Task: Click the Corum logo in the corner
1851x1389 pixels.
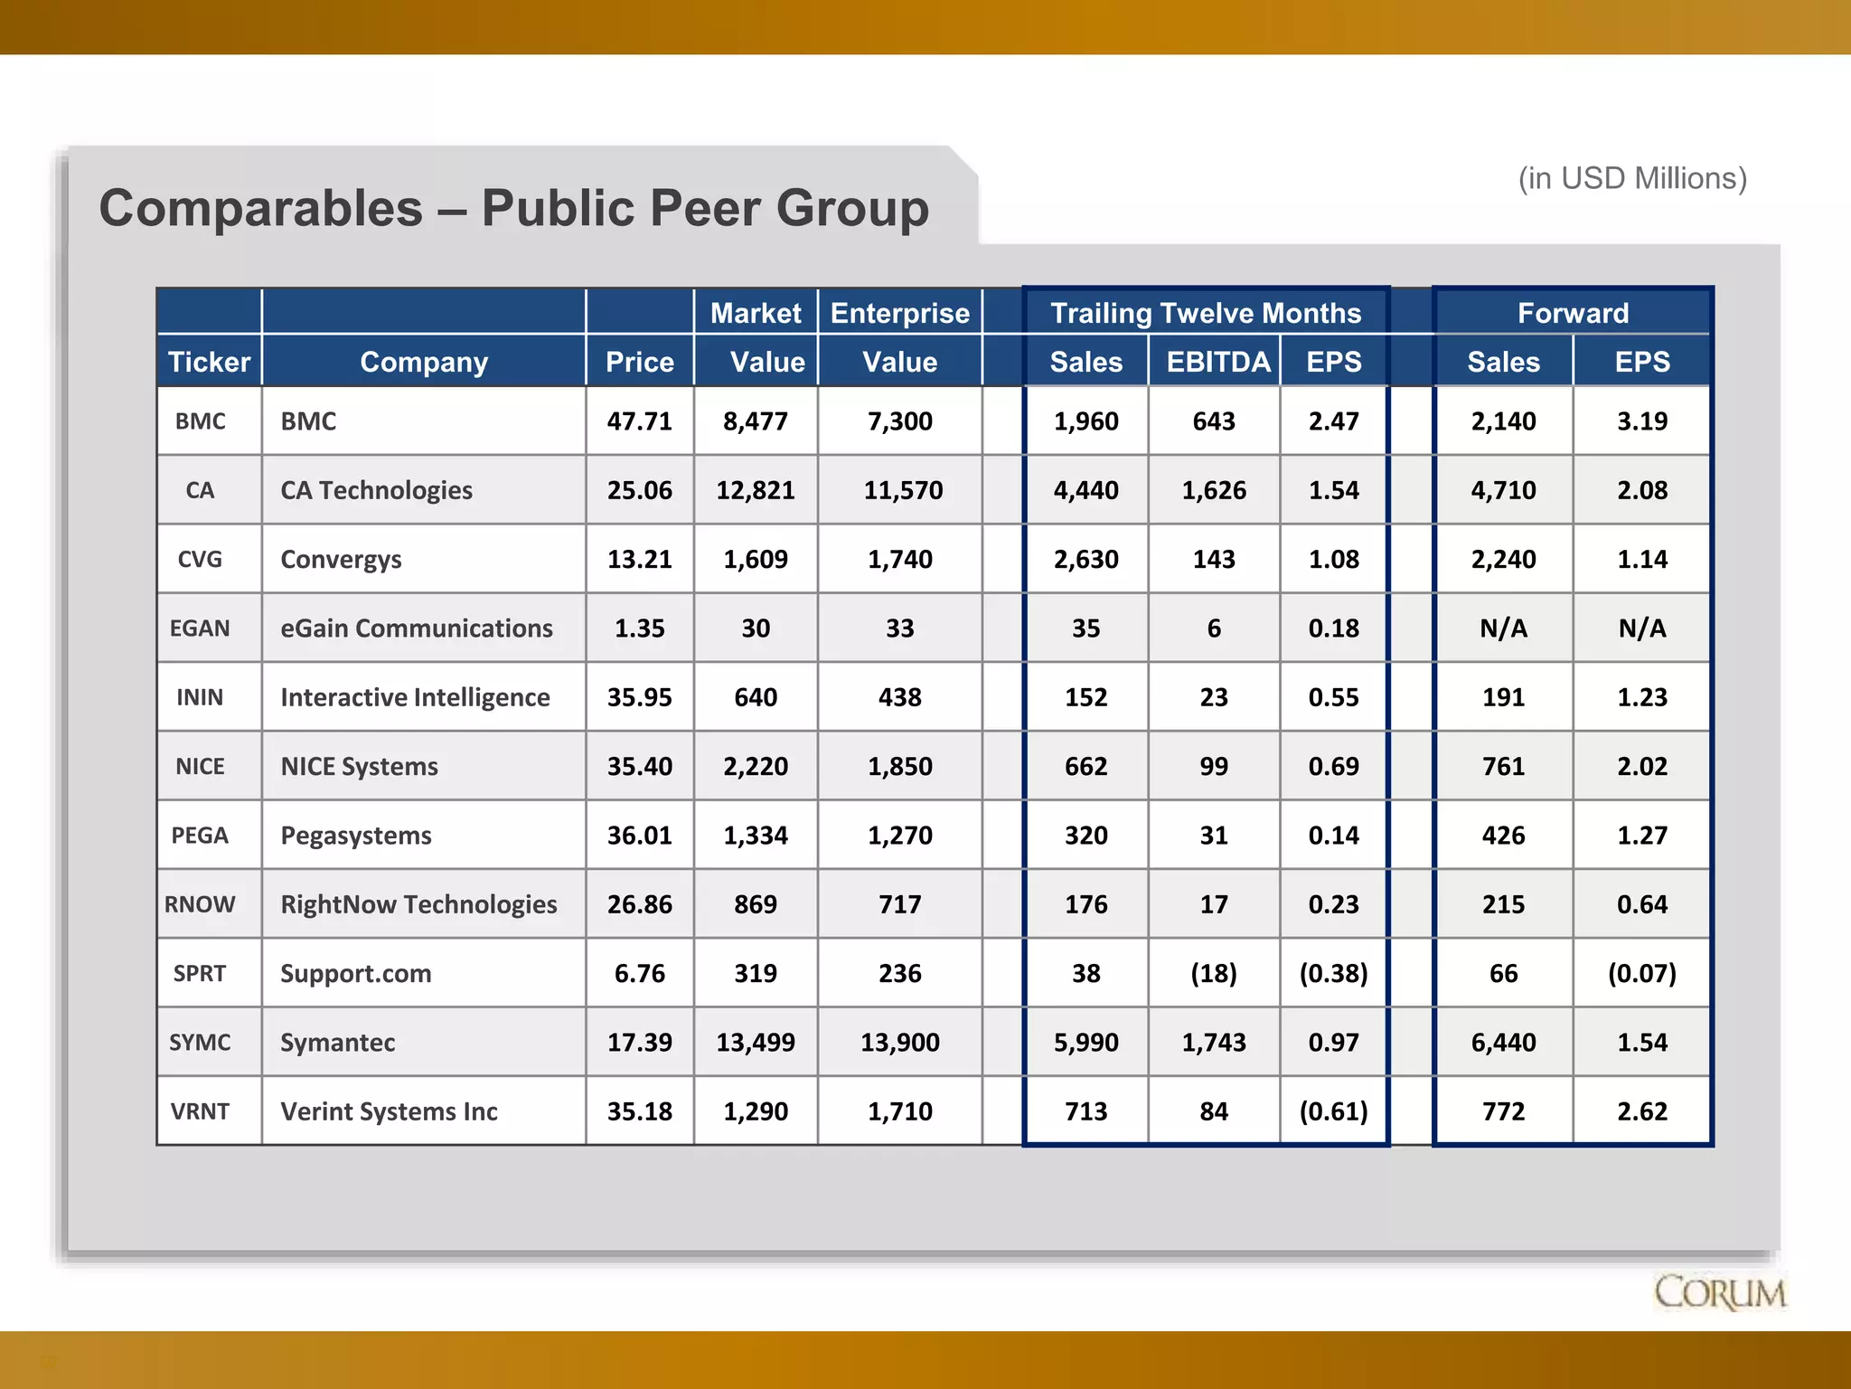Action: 1719,1293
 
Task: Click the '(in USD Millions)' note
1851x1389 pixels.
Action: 1632,178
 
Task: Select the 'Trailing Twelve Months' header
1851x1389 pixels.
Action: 1205,313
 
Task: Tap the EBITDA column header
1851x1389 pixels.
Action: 1217,362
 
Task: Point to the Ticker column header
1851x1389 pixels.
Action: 209,362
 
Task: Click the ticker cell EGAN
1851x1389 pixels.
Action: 200,628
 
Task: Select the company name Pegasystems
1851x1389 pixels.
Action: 356,836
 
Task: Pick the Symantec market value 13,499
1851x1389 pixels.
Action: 756,1043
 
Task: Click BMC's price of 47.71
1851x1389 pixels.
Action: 639,421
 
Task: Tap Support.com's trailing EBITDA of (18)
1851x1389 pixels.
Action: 1214,974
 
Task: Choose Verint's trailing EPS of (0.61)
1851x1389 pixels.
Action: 1333,1111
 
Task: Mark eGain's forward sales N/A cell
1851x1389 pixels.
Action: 1503,628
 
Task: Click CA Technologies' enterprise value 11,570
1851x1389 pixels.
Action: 902,490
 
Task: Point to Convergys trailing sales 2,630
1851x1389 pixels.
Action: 1085,560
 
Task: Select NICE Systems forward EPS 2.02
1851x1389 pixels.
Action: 1641,767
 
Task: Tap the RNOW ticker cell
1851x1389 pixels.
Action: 200,904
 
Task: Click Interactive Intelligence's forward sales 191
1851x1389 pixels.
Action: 1503,697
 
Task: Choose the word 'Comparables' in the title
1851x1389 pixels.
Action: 261,209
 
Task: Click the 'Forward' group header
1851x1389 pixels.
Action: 1573,313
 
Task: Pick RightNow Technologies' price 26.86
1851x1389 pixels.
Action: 639,904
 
